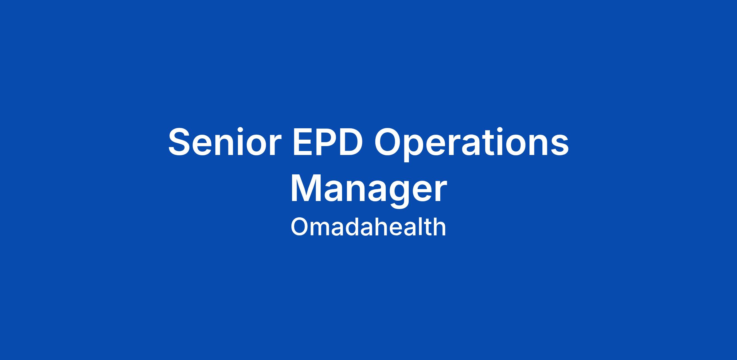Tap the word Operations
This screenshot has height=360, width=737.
(471, 144)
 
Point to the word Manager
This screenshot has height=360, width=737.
(368, 190)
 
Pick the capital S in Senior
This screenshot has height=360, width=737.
(181, 142)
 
